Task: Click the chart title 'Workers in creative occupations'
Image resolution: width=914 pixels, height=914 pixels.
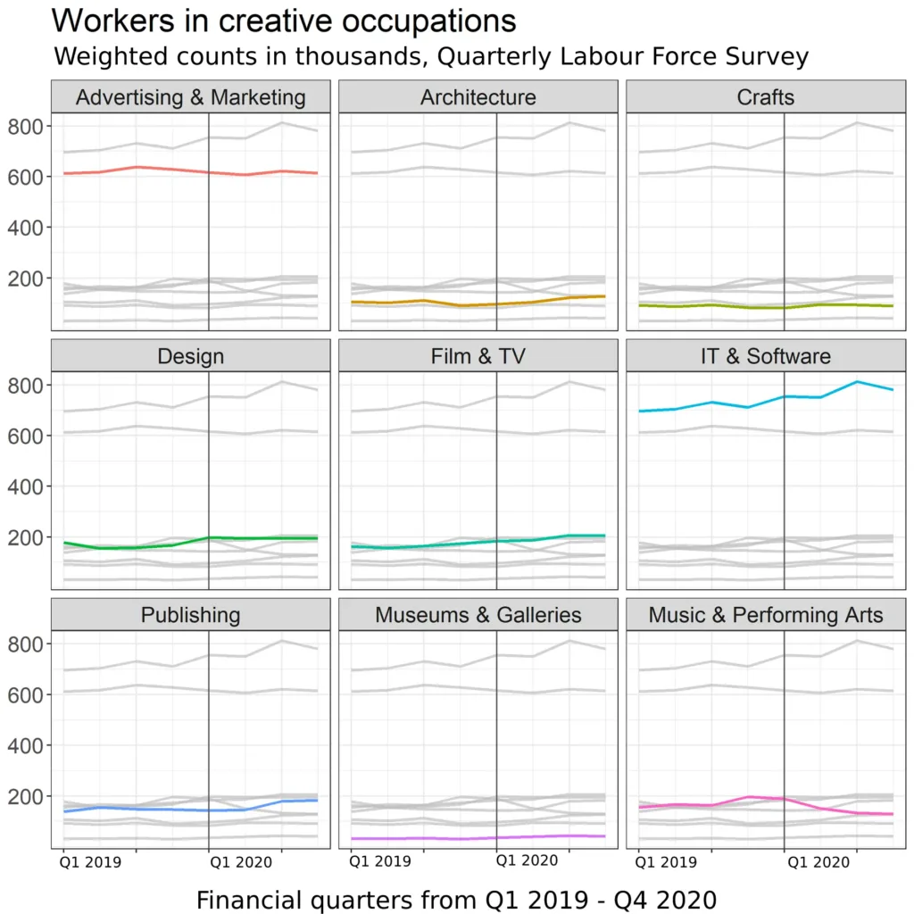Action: click(x=284, y=21)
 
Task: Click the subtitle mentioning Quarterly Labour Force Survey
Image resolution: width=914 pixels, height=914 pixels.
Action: click(x=430, y=57)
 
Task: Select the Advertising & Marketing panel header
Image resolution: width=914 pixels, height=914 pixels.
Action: click(x=190, y=97)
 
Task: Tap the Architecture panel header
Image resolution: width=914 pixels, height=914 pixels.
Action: click(x=478, y=97)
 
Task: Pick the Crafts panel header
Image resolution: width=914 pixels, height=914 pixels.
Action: click(x=765, y=97)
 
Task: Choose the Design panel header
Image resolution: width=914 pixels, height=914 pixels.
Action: click(x=190, y=356)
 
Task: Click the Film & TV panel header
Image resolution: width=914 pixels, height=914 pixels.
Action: click(x=478, y=356)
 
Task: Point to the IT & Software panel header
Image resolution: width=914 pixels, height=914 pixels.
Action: click(x=765, y=356)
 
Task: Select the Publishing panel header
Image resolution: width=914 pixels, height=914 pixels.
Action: click(x=190, y=615)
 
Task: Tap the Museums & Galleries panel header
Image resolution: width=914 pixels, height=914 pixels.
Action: click(x=478, y=615)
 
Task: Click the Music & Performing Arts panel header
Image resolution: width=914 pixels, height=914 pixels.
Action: click(x=765, y=615)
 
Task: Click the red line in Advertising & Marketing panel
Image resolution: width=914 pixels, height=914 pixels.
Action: click(x=136, y=167)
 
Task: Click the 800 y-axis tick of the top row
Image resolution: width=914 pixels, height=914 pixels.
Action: click(x=26, y=126)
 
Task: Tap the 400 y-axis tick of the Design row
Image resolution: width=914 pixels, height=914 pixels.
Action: click(x=26, y=486)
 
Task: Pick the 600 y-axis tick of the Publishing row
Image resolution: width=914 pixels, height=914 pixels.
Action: click(x=26, y=694)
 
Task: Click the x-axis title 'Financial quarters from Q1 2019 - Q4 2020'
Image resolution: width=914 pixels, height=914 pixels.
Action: click(x=456, y=899)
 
